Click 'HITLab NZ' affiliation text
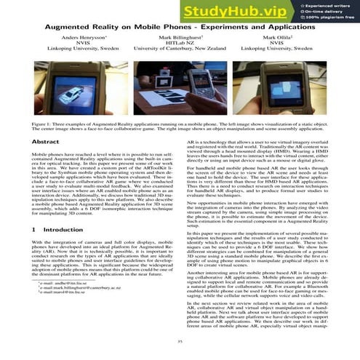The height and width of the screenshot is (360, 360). click(x=181, y=42)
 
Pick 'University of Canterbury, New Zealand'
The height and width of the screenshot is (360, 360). click(x=181, y=49)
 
